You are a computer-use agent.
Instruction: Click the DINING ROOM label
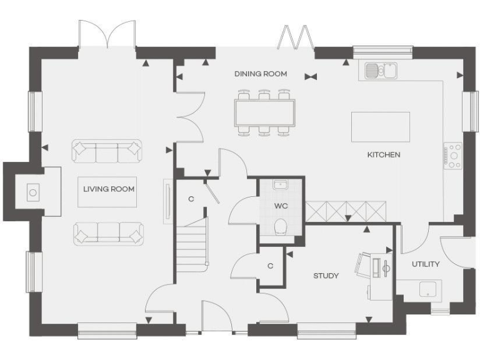pos(261,74)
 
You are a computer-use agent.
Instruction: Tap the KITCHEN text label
pos(383,154)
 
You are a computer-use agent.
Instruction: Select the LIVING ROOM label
pos(109,188)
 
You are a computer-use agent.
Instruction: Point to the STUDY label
pos(326,276)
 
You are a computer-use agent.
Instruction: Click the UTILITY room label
pos(425,264)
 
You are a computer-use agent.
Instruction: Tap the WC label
pos(281,206)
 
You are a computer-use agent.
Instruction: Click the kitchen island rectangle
pos(381,127)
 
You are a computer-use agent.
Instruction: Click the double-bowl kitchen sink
pos(381,71)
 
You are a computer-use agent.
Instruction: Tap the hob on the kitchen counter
pos(452,156)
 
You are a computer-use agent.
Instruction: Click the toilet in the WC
pos(281,226)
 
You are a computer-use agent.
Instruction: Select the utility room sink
pos(428,289)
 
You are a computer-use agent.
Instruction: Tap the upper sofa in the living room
pos(107,150)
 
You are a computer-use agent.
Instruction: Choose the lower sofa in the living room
pos(107,233)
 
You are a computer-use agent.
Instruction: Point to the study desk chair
pos(362,264)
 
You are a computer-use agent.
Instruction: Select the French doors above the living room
pos(107,34)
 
